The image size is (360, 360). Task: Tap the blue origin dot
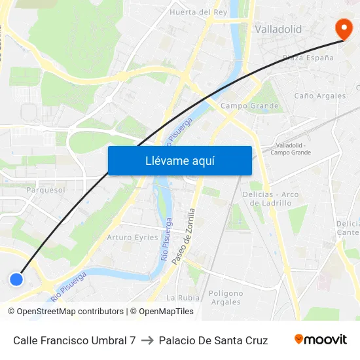[17, 279]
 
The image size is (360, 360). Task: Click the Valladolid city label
[278, 29]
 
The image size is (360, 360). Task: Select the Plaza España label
[308, 58]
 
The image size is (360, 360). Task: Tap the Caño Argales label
[320, 96]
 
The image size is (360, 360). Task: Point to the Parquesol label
[46, 190]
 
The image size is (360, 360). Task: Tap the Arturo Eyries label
[133, 237]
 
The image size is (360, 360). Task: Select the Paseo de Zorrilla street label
[183, 236]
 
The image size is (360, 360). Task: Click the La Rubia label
[183, 297]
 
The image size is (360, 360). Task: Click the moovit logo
[320, 340]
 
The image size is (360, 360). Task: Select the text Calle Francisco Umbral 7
[74, 340]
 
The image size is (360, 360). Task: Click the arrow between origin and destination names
[147, 340]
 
